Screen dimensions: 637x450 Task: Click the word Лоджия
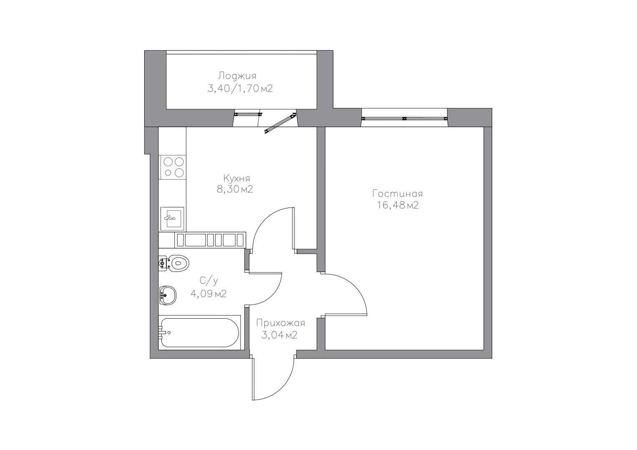pyautogui.click(x=237, y=76)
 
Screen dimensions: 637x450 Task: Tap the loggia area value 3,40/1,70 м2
pyautogui.click(x=240, y=89)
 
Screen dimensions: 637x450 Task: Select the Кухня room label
pyautogui.click(x=237, y=178)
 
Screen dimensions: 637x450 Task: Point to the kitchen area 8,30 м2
pyautogui.click(x=234, y=189)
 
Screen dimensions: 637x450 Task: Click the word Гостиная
pyautogui.click(x=398, y=194)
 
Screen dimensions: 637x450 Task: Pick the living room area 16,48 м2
pyautogui.click(x=398, y=205)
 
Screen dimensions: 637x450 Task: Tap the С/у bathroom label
pyautogui.click(x=209, y=281)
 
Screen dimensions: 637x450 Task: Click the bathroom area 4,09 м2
pyautogui.click(x=209, y=294)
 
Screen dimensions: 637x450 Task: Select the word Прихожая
pyautogui.click(x=280, y=323)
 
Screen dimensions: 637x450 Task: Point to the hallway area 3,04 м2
pyautogui.click(x=279, y=335)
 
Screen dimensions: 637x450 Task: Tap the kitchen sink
pyautogui.click(x=172, y=218)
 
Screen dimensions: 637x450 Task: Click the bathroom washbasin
pyautogui.click(x=168, y=296)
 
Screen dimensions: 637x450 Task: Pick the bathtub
pyautogui.click(x=199, y=332)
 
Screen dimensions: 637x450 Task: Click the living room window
pyautogui.click(x=404, y=118)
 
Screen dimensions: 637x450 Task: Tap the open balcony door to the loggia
pyautogui.click(x=280, y=123)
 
